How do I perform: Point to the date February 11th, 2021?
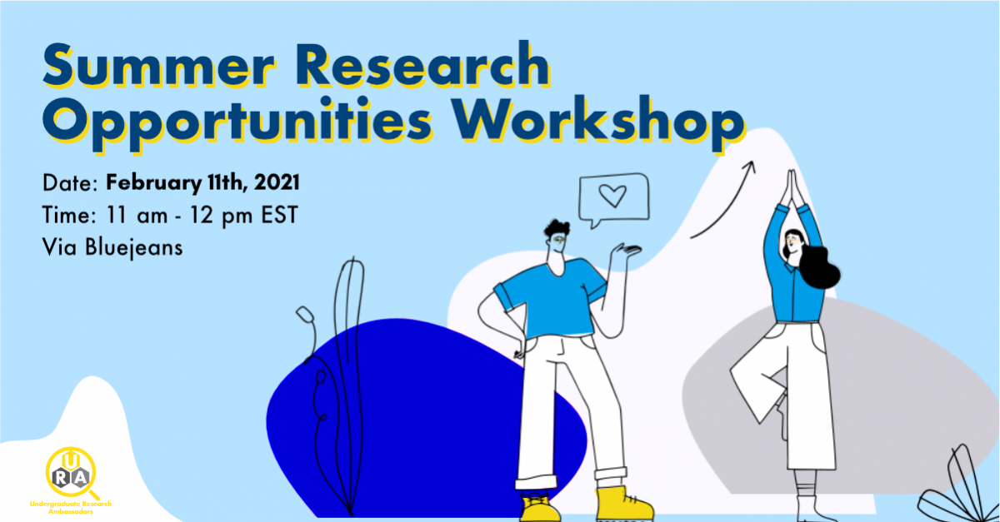[203, 181]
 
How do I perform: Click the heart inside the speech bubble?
[612, 196]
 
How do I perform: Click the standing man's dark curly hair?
[556, 228]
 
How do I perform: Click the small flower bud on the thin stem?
[305, 315]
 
